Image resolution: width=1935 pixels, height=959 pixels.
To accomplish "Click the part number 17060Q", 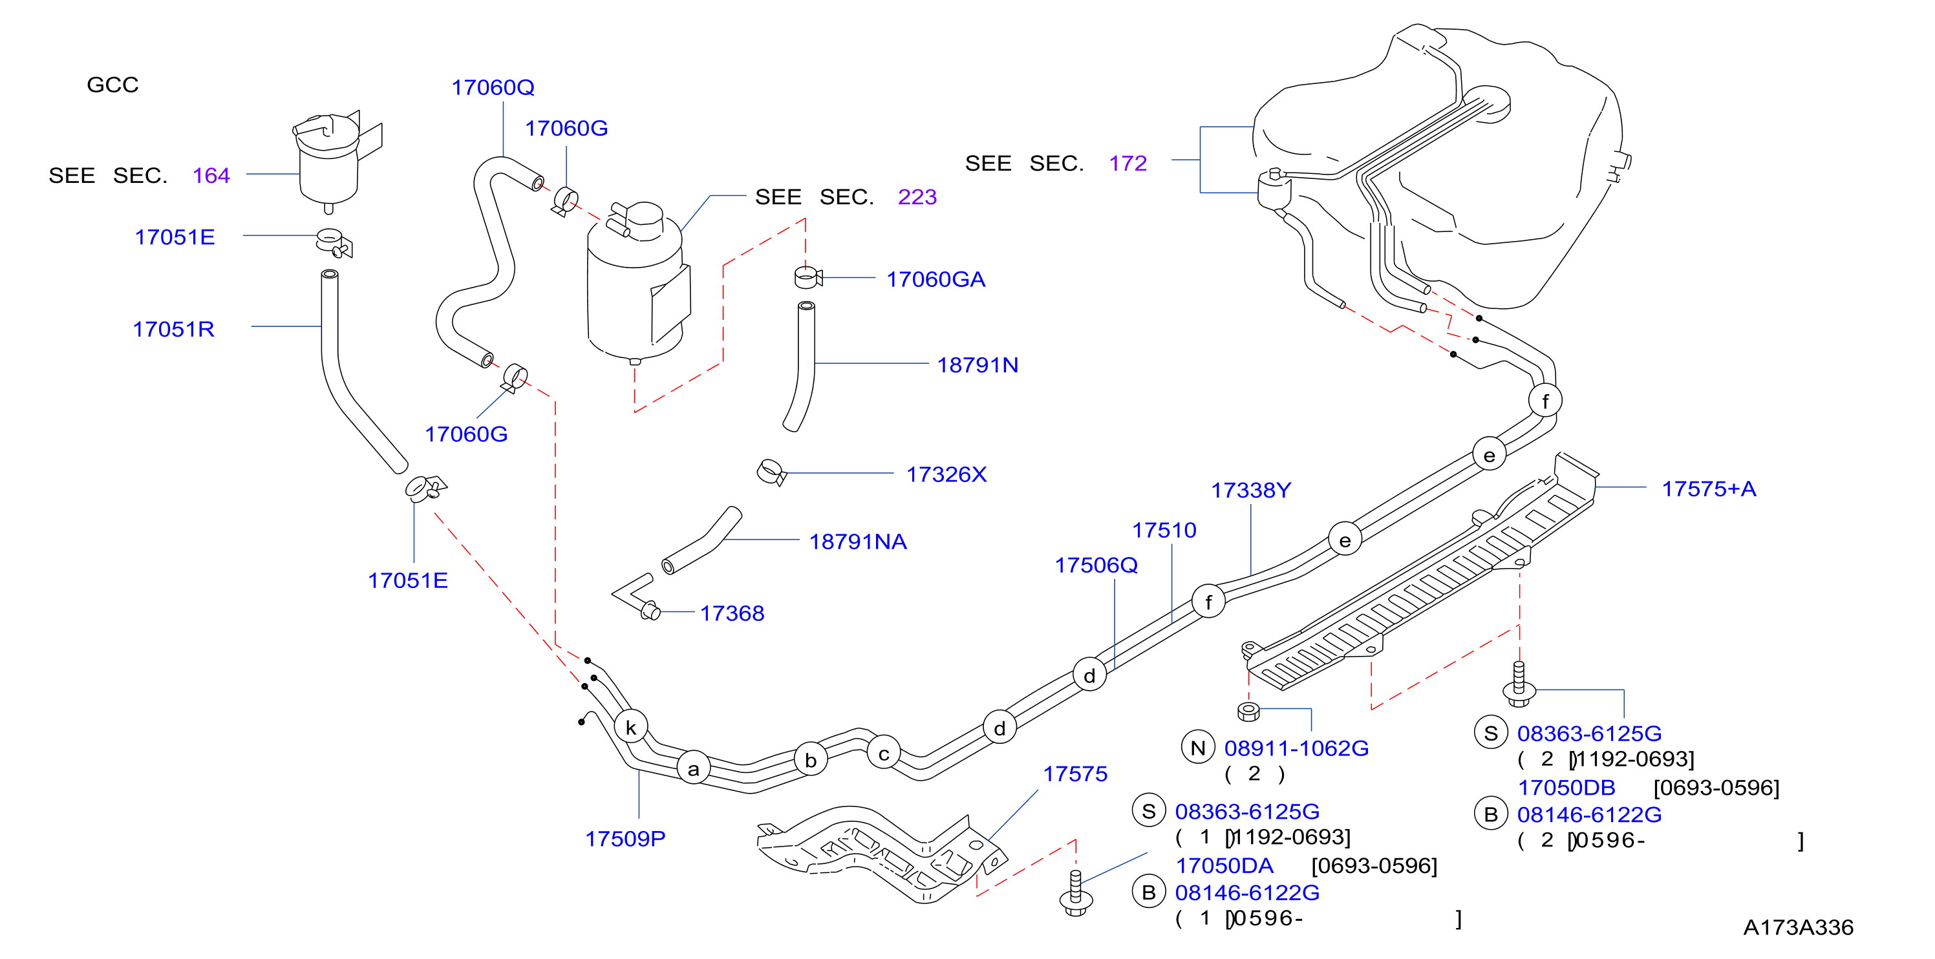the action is (493, 88).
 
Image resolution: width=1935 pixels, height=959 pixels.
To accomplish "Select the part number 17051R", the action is (173, 329).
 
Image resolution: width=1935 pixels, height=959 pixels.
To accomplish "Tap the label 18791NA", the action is (858, 542).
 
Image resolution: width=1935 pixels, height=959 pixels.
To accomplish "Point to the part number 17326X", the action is (946, 474).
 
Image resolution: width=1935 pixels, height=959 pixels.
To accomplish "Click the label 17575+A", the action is (1709, 489).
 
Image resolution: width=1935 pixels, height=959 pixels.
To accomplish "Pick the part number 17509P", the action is (625, 838).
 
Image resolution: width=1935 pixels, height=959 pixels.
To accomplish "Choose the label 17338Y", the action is (1251, 490).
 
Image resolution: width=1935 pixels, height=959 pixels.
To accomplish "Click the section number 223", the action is (917, 196).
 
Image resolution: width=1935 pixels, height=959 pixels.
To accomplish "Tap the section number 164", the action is (211, 176).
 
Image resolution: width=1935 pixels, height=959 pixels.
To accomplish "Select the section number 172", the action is (1128, 163).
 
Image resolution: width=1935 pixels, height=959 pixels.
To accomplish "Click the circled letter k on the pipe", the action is (631, 727).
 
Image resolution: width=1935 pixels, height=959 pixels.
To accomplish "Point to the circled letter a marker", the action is (693, 768).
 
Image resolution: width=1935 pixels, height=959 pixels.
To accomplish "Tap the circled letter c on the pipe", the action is (884, 753).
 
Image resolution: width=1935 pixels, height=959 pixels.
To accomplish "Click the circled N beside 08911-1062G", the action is (1198, 747).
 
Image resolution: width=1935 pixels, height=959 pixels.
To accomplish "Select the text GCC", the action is (112, 85).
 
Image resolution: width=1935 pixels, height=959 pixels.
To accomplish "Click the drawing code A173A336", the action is (1799, 927).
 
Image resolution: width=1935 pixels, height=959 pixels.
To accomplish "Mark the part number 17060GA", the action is (936, 279).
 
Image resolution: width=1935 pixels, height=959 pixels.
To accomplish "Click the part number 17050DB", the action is (1566, 788).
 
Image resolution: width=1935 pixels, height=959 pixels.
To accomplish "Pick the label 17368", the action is (732, 613).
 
